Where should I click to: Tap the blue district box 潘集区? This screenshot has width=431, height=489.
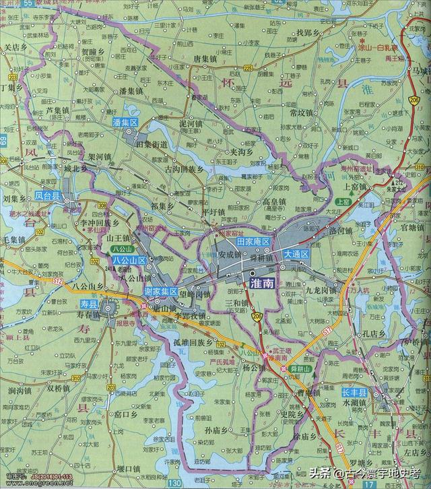click(x=125, y=123)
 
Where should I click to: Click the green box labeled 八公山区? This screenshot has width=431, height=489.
click(x=126, y=259)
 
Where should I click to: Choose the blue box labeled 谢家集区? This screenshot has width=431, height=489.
click(x=161, y=292)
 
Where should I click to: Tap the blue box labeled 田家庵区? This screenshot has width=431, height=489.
click(x=253, y=242)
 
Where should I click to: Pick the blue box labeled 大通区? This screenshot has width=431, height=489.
click(x=296, y=254)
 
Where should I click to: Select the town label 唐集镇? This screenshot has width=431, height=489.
click(x=207, y=59)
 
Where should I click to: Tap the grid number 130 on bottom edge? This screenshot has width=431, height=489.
click(x=176, y=484)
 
